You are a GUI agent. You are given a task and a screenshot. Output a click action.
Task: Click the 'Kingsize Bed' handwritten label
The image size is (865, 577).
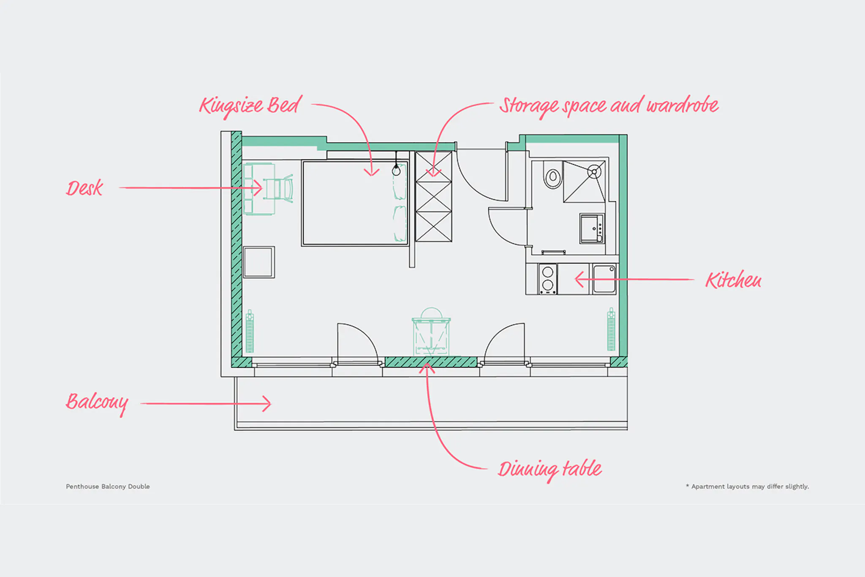pos(250,106)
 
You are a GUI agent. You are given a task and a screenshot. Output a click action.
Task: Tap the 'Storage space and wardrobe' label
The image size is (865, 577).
pos(609,106)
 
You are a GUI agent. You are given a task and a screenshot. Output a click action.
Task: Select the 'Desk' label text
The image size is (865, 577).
pos(84,188)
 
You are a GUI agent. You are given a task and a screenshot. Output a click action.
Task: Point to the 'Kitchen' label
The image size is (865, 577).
pos(733,280)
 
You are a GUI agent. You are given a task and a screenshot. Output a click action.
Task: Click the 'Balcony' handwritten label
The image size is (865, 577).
pos(97,403)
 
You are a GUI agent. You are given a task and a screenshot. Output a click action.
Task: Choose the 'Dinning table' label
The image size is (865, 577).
pos(549,470)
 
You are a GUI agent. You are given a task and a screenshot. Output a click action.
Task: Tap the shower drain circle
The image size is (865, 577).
pos(594,172)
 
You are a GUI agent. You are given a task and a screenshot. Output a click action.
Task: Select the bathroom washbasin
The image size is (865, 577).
pos(592,228)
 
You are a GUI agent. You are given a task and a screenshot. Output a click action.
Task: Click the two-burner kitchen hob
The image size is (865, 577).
pos(548,279)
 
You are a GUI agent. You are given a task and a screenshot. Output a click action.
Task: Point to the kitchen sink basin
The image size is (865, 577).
pos(604,279)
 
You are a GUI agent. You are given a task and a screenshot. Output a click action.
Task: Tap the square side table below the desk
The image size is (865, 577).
pos(259,262)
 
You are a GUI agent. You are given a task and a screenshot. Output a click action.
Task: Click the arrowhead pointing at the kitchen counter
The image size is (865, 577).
pos(580,279)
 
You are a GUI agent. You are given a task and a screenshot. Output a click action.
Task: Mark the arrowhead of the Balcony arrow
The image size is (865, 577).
pos(267,404)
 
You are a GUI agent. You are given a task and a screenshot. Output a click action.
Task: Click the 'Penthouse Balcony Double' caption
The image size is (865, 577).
pos(108,487)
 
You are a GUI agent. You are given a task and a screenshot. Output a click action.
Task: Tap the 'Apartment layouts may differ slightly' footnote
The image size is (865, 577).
pos(747,487)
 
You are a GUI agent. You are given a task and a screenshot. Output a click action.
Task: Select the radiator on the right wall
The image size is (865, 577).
pos(611,329)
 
